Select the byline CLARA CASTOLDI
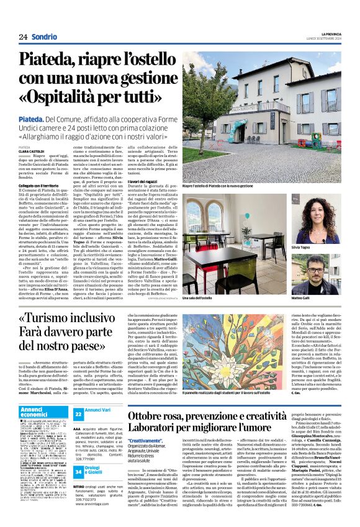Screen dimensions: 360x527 point(31,151)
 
